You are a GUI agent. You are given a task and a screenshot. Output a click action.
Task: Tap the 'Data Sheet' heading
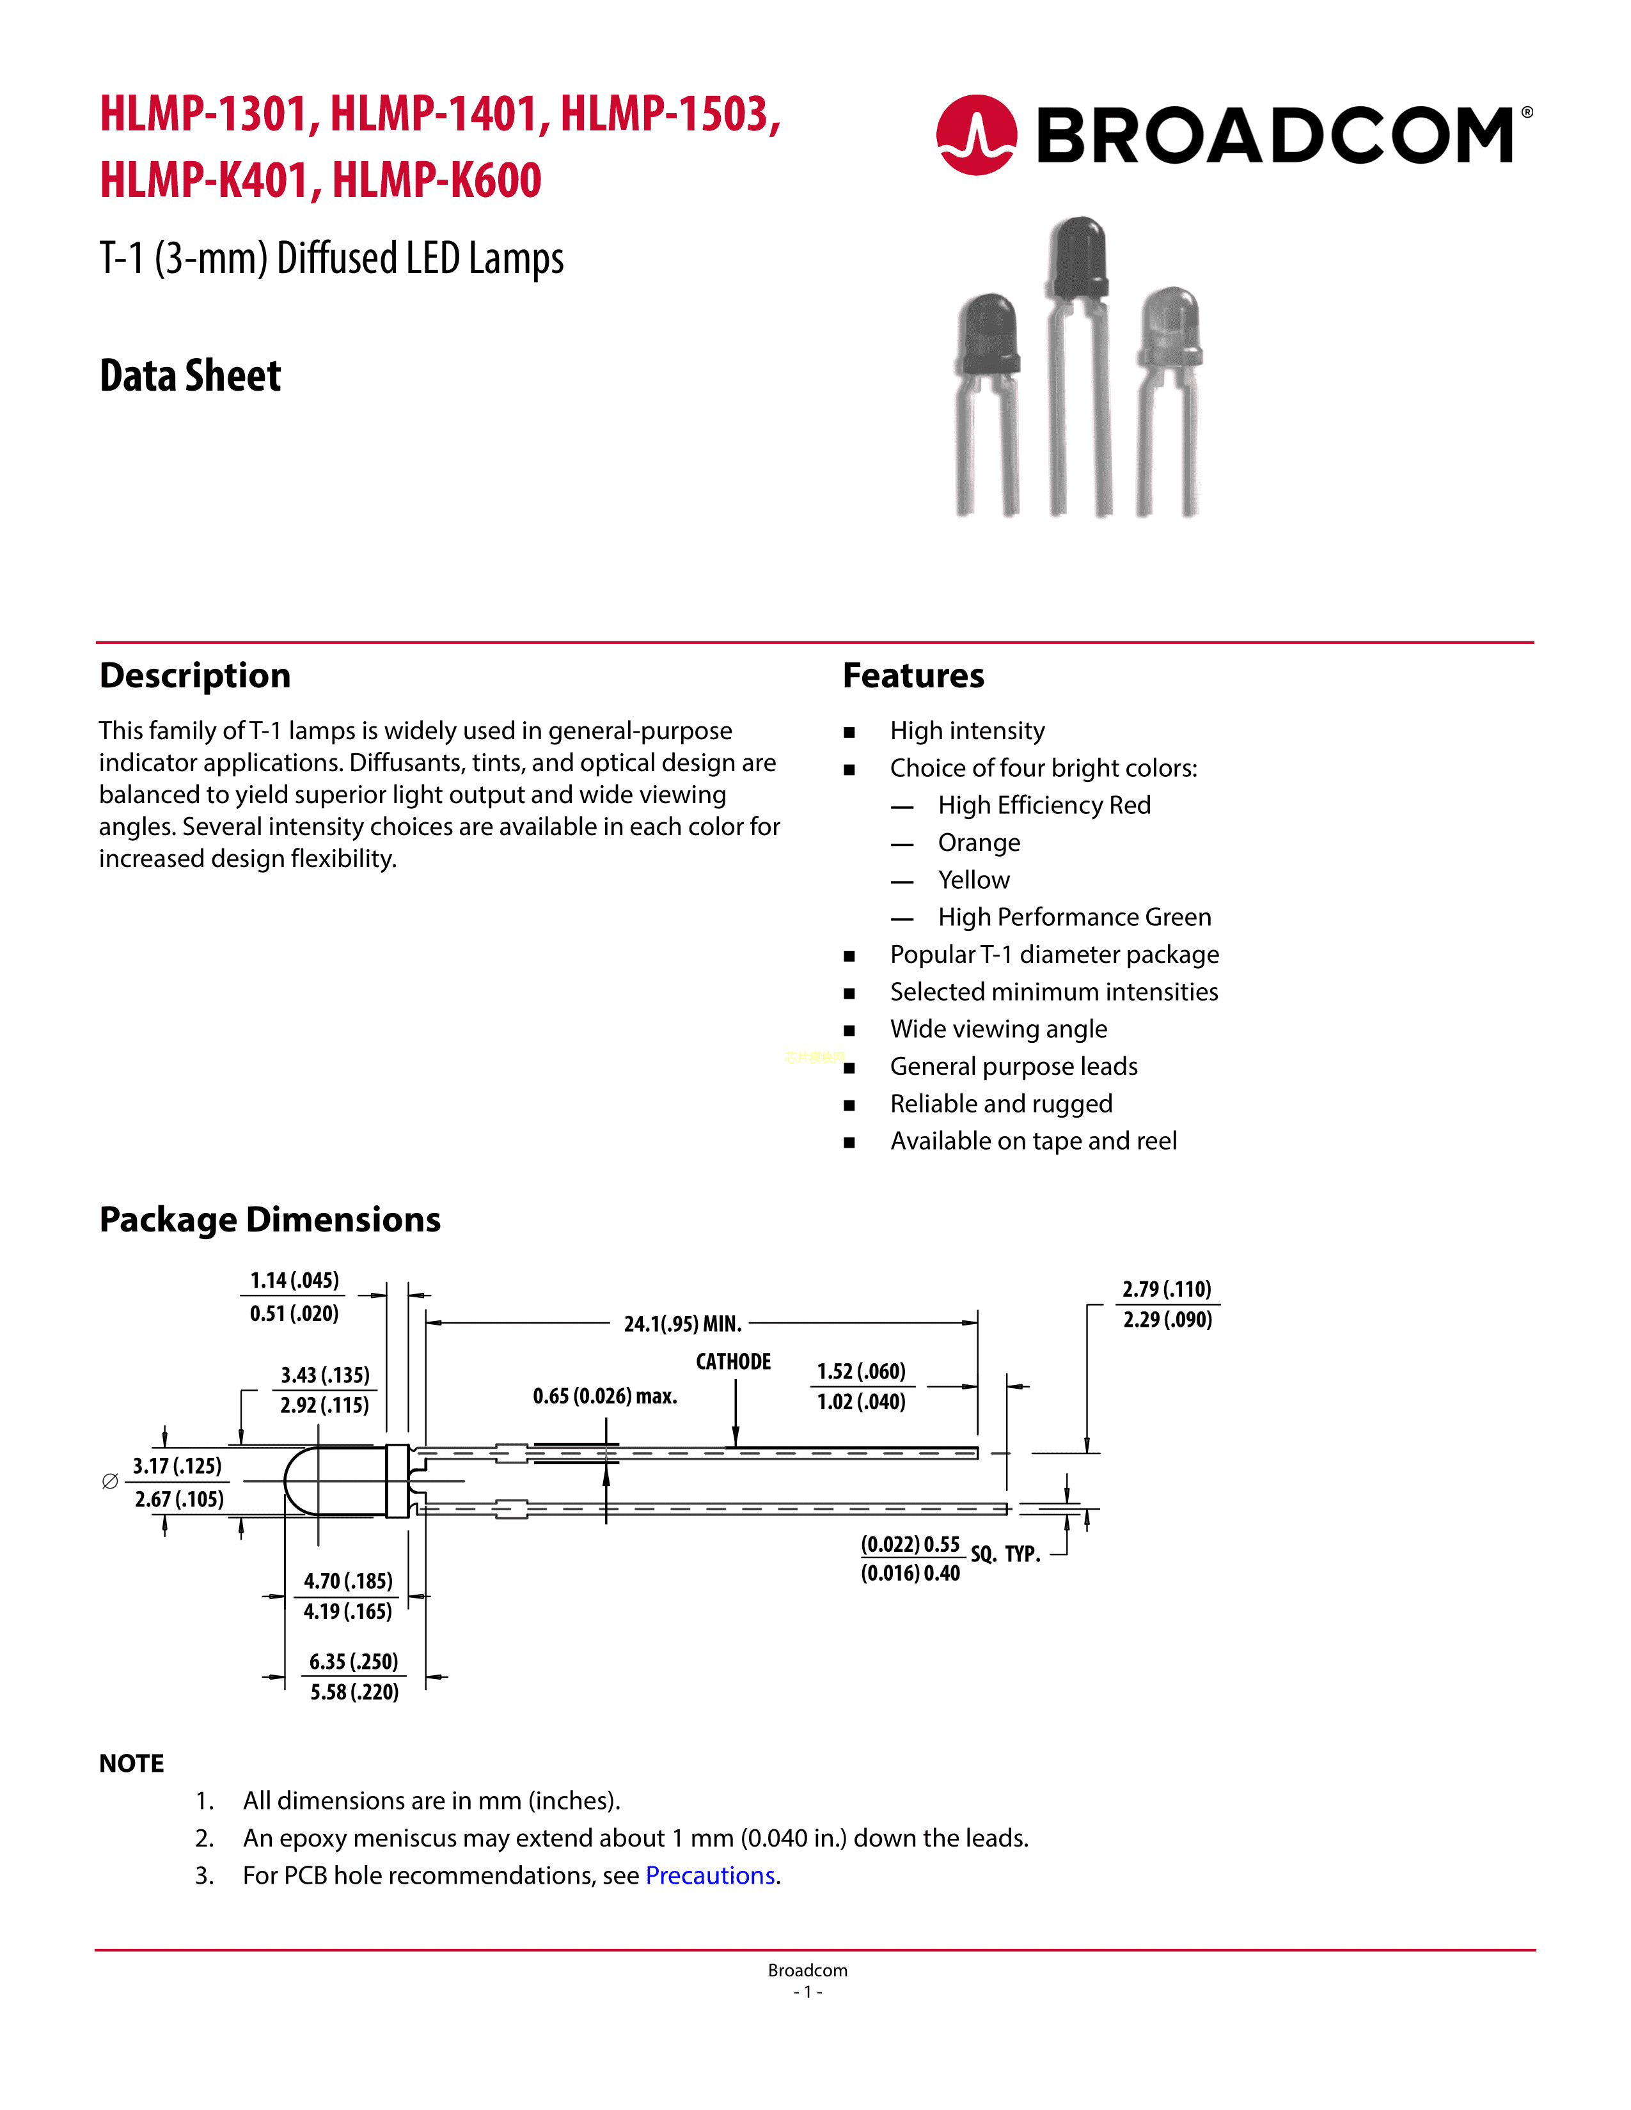click(191, 376)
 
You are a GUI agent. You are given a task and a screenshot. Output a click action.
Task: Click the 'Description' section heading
click(195, 675)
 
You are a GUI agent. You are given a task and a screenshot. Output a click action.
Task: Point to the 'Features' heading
click(913, 675)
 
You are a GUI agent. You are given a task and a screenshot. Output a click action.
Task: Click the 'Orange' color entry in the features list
click(979, 843)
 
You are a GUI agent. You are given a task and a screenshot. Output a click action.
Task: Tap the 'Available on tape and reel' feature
click(1033, 1141)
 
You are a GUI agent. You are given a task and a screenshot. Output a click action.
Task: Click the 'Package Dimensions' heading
click(269, 1219)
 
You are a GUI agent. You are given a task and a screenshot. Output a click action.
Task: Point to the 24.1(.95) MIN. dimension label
click(682, 1324)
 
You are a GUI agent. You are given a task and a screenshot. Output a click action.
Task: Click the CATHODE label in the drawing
click(734, 1361)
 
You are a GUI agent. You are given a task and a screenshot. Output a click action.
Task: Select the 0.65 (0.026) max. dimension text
click(605, 1396)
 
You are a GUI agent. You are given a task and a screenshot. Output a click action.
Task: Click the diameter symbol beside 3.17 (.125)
click(110, 1481)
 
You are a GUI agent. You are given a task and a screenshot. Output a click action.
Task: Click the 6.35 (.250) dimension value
click(354, 1662)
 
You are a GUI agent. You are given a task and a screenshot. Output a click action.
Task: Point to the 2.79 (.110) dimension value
click(1166, 1289)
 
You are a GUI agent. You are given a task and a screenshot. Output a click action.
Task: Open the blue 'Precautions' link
click(710, 1875)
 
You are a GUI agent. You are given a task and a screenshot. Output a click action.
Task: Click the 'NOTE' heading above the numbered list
click(131, 1763)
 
